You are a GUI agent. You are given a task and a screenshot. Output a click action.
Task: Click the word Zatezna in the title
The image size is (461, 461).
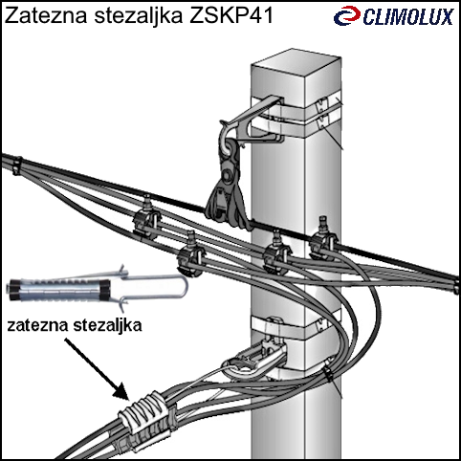click(x=46, y=15)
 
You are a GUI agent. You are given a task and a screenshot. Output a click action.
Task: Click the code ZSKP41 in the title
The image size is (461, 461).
click(x=231, y=15)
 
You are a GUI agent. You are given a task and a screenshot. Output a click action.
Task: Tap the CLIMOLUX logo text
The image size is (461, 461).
click(x=408, y=17)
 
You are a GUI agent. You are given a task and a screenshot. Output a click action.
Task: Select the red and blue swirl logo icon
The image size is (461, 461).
click(x=347, y=16)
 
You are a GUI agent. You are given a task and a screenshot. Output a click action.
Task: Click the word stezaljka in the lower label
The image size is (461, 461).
click(x=107, y=326)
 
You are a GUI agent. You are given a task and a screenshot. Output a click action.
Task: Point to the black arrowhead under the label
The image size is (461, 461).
click(x=122, y=391)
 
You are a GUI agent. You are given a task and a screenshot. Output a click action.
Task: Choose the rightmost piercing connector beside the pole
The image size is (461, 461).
click(x=322, y=238)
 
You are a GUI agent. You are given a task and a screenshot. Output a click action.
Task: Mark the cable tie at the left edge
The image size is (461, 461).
click(x=16, y=165)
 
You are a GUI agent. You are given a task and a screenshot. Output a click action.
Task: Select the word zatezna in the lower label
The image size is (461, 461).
click(x=37, y=326)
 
